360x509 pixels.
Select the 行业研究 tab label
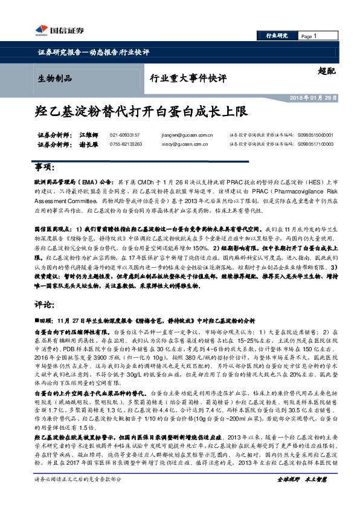pos(277,36)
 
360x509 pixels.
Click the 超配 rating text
pos(326,71)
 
